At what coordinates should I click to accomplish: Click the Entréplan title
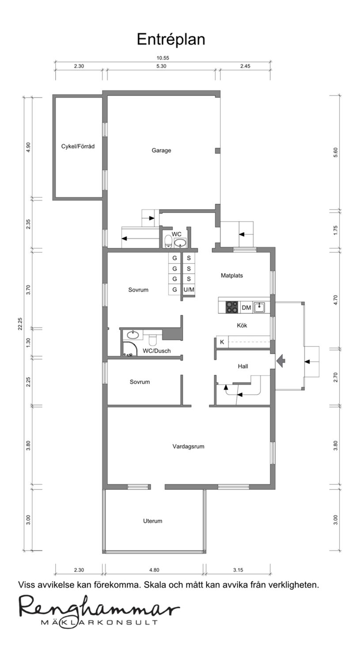171,40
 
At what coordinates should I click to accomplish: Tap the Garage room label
161,150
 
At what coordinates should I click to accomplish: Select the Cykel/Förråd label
78,146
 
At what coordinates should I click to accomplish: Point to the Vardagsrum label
189,446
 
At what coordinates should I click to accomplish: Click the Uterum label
153,521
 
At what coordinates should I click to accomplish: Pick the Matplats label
232,275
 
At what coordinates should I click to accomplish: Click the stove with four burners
232,307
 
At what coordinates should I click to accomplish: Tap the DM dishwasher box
246,308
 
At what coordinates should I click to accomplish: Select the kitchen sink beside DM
259,307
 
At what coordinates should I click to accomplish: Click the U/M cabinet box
189,290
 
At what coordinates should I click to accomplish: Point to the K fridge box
222,342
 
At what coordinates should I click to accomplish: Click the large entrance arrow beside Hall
280,361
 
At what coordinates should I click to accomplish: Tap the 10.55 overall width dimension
163,58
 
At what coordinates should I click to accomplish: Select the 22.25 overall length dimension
20,324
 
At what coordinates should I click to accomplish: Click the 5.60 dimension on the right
335,152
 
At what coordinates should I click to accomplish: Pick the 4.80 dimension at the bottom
154,570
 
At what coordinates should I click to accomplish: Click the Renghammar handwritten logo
99,609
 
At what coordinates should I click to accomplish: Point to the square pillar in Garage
217,151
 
